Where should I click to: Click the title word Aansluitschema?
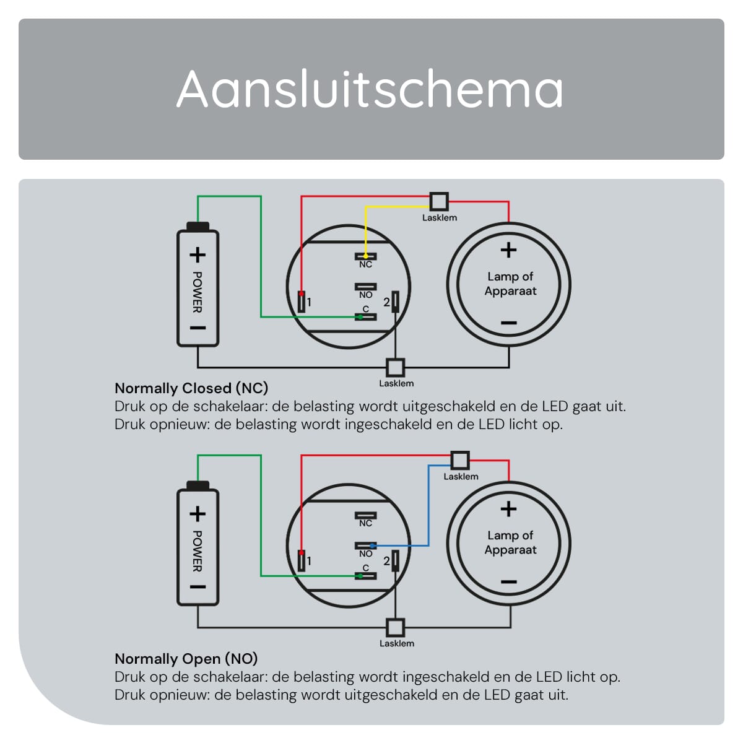(370, 89)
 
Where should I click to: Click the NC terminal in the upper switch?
(365, 256)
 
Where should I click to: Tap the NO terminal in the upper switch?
(365, 287)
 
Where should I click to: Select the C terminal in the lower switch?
(365, 576)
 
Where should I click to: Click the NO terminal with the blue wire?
(365, 545)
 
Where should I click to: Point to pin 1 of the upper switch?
(302, 302)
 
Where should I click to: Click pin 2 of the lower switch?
(395, 560)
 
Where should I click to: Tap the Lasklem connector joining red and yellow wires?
(439, 201)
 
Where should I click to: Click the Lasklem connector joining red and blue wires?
(460, 461)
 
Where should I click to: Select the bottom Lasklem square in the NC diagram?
(395, 367)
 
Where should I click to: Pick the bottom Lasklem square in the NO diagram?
(395, 627)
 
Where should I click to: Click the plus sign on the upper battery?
(198, 255)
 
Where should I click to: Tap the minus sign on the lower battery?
(198, 587)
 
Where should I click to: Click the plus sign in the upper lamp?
(508, 250)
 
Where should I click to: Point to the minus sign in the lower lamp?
(508, 582)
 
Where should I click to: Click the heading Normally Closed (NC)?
(191, 388)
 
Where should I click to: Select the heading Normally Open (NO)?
(186, 659)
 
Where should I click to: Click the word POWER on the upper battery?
(198, 292)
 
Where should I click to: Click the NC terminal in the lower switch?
(365, 516)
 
